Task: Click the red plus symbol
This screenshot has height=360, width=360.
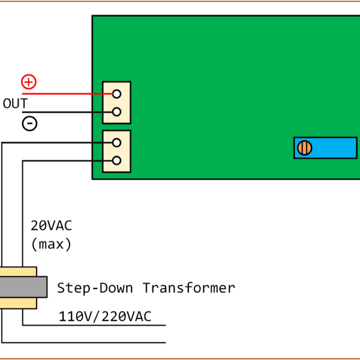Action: [x=29, y=82]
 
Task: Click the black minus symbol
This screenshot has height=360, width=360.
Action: [x=29, y=123]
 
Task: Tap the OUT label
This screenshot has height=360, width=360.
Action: [x=15, y=103]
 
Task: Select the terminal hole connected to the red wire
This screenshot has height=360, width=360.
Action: [x=117, y=94]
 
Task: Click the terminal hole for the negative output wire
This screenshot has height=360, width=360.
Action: [x=117, y=112]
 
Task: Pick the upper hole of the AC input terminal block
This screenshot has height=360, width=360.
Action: [x=117, y=142]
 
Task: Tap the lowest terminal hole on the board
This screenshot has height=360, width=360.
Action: [x=117, y=160]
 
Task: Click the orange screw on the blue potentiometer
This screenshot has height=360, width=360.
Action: [x=305, y=148]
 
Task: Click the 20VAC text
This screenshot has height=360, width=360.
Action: [x=51, y=226]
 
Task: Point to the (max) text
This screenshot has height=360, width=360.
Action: [x=51, y=245]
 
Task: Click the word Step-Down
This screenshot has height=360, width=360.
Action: [x=96, y=288]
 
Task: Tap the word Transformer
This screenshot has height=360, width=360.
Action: [x=188, y=288]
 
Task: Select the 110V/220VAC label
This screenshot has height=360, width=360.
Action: [x=105, y=316]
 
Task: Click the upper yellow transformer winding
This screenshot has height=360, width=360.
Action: [x=18, y=271]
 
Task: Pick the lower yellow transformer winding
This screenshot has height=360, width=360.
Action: [x=18, y=303]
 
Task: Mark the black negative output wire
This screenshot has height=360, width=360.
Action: [x=60, y=112]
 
